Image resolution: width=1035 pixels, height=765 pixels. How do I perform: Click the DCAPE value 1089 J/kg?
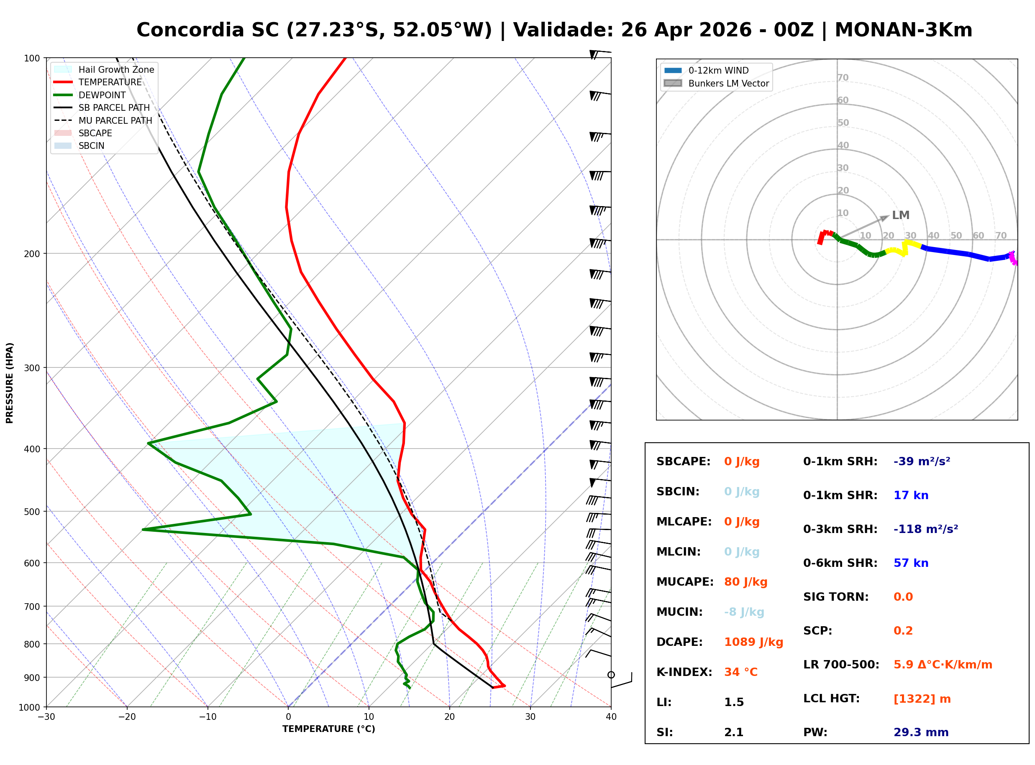[753, 642]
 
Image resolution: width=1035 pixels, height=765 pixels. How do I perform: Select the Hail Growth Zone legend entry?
[116, 69]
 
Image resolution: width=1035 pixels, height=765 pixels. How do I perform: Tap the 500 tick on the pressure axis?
[31, 512]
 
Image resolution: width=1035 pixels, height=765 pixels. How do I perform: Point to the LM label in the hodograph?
[900, 215]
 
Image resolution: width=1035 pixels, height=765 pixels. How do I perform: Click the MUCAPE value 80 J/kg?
[746, 582]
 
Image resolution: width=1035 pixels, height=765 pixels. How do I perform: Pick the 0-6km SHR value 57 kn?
[910, 563]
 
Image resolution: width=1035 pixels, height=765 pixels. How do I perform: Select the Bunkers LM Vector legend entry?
[728, 83]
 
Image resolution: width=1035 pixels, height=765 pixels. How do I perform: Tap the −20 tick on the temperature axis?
[126, 717]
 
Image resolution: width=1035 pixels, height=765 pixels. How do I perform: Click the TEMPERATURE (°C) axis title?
[328, 729]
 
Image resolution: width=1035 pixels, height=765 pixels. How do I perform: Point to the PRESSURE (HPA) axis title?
[10, 383]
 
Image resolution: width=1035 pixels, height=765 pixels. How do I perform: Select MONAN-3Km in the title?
[903, 30]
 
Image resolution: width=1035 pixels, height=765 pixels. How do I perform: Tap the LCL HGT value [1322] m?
[922, 699]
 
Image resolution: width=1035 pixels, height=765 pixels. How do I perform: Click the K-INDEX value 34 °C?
[740, 672]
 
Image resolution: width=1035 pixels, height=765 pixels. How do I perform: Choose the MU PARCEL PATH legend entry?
[115, 120]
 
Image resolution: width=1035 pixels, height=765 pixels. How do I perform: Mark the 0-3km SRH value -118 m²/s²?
[925, 529]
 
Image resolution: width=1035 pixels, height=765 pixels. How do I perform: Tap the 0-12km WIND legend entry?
[718, 70]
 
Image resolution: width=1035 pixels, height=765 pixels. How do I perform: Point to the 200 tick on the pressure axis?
[31, 254]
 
